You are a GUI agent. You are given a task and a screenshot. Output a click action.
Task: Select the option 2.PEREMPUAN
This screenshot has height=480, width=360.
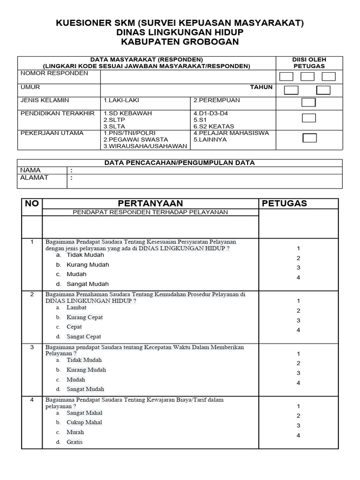[217, 100]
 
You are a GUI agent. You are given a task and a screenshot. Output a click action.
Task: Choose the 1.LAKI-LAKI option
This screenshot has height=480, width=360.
[121, 100]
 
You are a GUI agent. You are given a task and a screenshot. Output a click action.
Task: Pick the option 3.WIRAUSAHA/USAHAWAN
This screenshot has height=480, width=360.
[145, 146]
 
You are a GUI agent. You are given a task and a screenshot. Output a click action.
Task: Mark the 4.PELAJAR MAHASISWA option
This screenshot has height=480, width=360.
[231, 133]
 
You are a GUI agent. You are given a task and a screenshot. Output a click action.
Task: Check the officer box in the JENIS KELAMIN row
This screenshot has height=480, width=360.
[308, 103]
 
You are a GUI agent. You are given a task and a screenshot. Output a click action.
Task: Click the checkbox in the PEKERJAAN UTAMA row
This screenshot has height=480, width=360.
[309, 138]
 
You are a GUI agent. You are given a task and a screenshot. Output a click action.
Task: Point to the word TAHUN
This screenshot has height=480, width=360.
[261, 87]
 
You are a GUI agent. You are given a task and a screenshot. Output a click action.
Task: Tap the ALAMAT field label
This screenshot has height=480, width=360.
[34, 178]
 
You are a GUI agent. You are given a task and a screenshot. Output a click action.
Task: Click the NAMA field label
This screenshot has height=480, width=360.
[30, 171]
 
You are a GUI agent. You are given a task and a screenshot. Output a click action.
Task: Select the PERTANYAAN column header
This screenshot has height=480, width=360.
[150, 203]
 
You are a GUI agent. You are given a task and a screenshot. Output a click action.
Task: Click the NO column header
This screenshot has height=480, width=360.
[32, 203]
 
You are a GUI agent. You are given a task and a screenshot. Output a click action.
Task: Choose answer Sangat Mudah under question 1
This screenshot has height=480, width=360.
[88, 284]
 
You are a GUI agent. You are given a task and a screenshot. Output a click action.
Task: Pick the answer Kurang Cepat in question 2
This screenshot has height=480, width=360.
[85, 317]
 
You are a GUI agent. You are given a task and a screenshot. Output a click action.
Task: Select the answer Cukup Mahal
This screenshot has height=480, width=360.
[84, 422]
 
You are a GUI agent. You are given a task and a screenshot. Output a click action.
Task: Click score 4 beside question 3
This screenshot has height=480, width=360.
[298, 383]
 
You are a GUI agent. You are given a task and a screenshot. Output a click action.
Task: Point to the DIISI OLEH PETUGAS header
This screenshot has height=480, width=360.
[309, 63]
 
